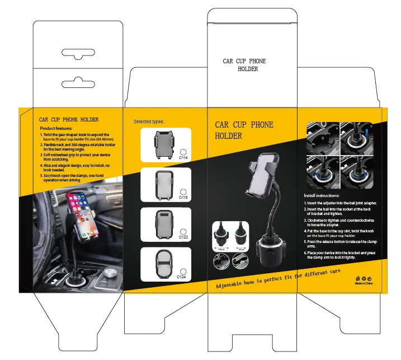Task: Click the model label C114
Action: (x=183, y=158)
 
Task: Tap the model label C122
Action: (x=183, y=237)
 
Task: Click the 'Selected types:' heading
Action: (x=149, y=121)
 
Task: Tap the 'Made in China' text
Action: (x=363, y=284)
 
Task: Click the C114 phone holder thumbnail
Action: (x=165, y=144)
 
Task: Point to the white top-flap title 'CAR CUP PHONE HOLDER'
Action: (x=244, y=65)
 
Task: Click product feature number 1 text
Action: (x=78, y=137)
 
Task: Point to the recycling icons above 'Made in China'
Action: (x=363, y=278)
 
